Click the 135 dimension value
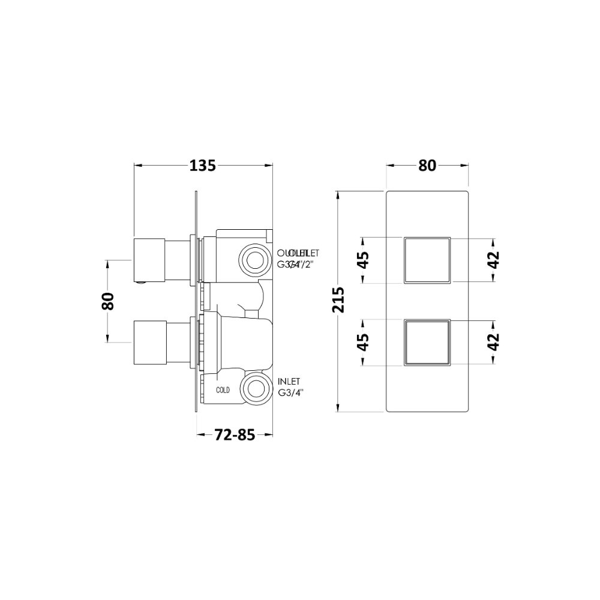(x=203, y=166)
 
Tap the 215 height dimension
(x=339, y=301)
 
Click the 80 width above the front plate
(x=427, y=166)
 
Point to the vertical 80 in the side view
(x=108, y=301)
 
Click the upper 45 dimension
(x=364, y=260)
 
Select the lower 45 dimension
(x=364, y=342)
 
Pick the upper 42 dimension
(x=493, y=260)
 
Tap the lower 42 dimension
(x=493, y=342)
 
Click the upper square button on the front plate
(x=427, y=260)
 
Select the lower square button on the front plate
(x=427, y=342)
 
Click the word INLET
(x=289, y=382)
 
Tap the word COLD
(x=223, y=390)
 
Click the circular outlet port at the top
(x=254, y=260)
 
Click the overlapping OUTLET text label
(x=298, y=252)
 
